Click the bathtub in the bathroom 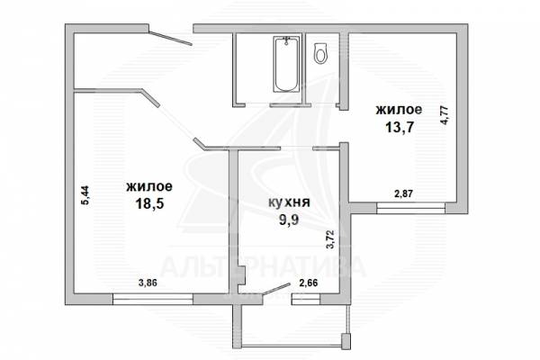coord(286,64)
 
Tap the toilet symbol coord(320,53)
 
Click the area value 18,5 coord(149,203)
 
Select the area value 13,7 coord(399,127)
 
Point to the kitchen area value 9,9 coord(289,219)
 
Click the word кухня coord(289,202)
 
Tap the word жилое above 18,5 coord(149,186)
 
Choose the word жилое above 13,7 coord(399,110)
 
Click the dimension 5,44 coord(85,195)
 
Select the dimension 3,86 coord(148,283)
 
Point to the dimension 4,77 coord(444,114)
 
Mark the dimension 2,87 coord(403,194)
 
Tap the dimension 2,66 coord(309,283)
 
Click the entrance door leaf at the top coord(170,38)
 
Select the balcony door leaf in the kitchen coord(276,289)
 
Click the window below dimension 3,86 coord(153,299)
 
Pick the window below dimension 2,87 coord(411,208)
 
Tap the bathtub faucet coord(286,40)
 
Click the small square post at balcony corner coord(346,340)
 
